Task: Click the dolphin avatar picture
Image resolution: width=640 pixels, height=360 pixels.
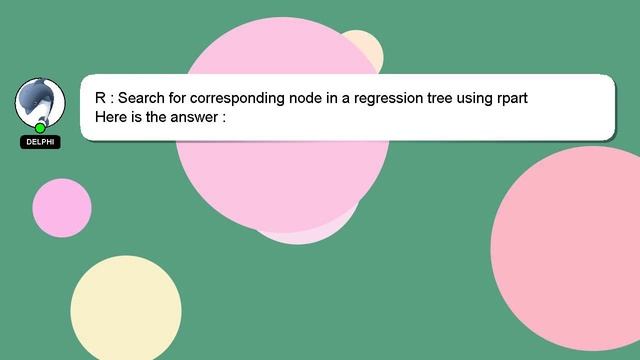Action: tap(40, 103)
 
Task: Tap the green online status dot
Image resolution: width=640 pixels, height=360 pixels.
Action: tap(40, 128)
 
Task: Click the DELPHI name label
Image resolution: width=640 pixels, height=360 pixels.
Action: tap(40, 142)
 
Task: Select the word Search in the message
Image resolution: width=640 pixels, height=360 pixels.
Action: tap(143, 98)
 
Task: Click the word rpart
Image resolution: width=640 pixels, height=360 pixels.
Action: tap(506, 98)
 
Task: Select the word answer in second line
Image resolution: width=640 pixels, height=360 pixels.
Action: tap(194, 117)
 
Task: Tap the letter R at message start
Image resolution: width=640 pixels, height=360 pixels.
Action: tap(100, 98)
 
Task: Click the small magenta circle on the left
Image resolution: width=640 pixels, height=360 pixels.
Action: tap(61, 208)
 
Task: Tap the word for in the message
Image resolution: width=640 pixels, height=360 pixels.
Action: tap(182, 98)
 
